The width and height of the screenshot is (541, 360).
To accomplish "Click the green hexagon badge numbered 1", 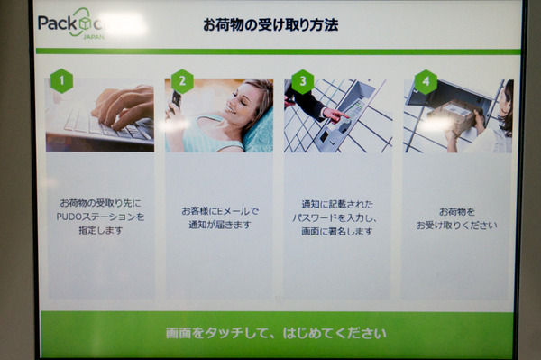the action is click(x=61, y=81).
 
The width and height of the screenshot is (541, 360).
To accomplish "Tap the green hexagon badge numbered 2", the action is click(x=182, y=81).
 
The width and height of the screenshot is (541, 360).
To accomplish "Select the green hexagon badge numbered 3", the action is click(x=303, y=81).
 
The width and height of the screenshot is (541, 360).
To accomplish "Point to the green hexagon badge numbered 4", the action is click(x=426, y=82).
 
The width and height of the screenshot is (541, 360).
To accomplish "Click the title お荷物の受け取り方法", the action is click(x=270, y=25).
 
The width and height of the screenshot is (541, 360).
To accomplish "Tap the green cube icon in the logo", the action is click(x=85, y=23).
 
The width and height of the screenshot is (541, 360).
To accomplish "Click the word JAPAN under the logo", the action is click(x=94, y=37).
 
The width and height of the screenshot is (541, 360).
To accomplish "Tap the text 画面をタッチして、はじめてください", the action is click(x=276, y=334).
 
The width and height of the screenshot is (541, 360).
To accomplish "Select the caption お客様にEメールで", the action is click(x=220, y=211).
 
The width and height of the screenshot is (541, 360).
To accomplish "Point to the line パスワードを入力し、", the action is click(x=335, y=217).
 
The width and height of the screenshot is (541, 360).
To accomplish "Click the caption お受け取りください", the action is click(x=456, y=226).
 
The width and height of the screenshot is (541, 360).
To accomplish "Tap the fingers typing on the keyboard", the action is click(x=123, y=107).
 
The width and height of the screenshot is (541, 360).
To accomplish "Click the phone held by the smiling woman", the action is click(x=177, y=99).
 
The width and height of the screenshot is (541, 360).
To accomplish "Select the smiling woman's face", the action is click(x=242, y=99).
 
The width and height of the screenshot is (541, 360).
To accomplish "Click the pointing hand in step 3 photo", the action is click(x=335, y=115).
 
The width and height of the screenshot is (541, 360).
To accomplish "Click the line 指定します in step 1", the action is click(x=101, y=230).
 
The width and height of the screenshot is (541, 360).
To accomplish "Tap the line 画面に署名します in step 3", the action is click(x=337, y=231).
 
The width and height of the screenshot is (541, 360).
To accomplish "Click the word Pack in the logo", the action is click(x=58, y=23).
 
